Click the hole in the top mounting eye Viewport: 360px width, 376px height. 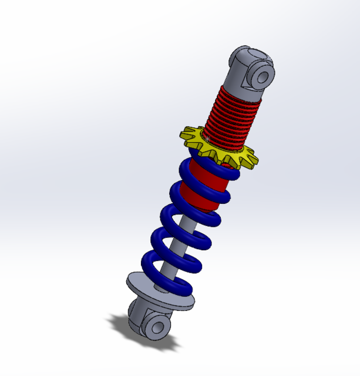[x=262, y=76]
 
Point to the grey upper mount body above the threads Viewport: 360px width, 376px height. [x=241, y=73]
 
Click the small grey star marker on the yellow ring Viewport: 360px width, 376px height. [x=207, y=139]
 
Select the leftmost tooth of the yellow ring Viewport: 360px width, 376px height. [x=183, y=131]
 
